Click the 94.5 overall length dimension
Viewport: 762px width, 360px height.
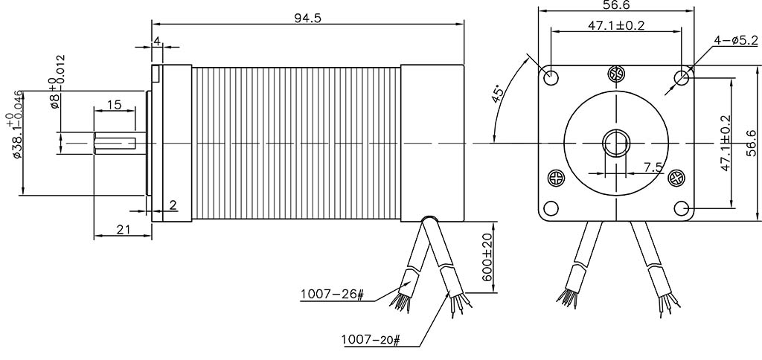coord(307,18)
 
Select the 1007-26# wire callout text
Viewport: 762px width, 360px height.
coord(332,295)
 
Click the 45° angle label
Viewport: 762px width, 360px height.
coord(498,94)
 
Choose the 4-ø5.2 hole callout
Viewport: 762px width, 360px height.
coord(735,40)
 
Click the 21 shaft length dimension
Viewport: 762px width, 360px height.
coord(124,229)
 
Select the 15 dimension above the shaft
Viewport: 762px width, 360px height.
coord(114,104)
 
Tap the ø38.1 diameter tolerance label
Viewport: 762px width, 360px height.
coord(15,124)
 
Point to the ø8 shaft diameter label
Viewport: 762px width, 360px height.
coord(57,81)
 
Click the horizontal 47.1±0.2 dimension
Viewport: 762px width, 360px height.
coord(616,25)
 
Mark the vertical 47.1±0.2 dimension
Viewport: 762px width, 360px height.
coord(725,143)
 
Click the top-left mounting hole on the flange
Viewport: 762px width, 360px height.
coord(551,77)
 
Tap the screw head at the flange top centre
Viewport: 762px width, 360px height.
coord(616,74)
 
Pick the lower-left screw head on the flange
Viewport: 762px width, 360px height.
coord(557,178)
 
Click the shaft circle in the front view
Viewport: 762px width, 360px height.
coord(616,144)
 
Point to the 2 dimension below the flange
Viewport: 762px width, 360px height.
coord(173,205)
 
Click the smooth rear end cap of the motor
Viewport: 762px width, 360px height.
coord(432,144)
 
